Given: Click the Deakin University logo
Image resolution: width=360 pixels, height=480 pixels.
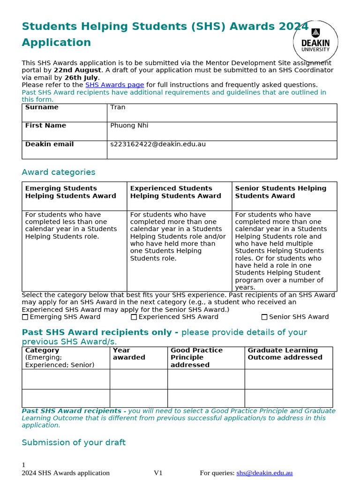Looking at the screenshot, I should coord(315,42).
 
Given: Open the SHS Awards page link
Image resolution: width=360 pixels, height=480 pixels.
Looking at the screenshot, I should coord(114,85).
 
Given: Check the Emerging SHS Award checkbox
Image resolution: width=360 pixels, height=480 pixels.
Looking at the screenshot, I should coord(25,317).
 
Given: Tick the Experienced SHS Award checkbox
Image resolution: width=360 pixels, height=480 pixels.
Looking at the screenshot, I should coord(134,317).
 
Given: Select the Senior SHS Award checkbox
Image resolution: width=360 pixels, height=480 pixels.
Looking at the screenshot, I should coord(264,317).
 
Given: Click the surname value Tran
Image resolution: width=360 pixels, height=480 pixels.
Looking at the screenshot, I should coord(118,107).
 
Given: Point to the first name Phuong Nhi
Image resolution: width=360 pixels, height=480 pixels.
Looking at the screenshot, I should coord(129,126).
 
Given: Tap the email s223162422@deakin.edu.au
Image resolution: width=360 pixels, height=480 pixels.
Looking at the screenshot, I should coord(158,144).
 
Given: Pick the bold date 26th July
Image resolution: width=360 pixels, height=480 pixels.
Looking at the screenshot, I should coord(81,78).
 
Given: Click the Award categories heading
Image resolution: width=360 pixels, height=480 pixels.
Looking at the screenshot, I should coord(59,172).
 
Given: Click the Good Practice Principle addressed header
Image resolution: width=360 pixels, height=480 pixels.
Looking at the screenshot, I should coord(196,357).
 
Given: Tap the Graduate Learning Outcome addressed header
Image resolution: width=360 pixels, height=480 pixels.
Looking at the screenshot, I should coord(285,354).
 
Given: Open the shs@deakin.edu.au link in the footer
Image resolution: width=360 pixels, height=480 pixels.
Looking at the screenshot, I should coord(264,473).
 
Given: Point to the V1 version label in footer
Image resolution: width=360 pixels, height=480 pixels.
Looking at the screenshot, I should coord(158,473).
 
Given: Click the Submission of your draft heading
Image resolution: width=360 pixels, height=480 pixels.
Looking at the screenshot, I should coord(74,442).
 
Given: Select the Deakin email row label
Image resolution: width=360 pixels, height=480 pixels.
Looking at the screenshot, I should coord(49,144).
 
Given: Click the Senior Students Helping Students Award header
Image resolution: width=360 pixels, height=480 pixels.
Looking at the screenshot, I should coord(280,192).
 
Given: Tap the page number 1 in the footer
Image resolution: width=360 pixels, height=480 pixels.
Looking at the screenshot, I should coord(23,465).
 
